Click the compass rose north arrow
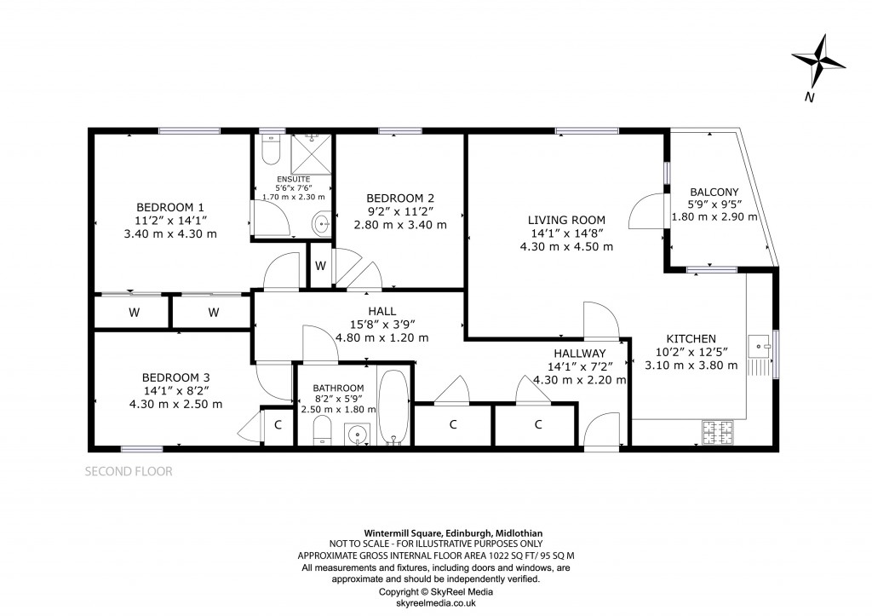pos(818,61)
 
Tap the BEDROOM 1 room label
pos(170,207)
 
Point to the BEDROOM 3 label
pos(175,377)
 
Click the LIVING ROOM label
pos(566,220)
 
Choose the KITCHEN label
pos(691,338)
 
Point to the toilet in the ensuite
pos(271,151)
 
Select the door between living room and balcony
pos(645,210)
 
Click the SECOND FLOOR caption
pos(129,470)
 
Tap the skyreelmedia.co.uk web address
pos(435,602)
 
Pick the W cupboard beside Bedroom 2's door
pos(319,266)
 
